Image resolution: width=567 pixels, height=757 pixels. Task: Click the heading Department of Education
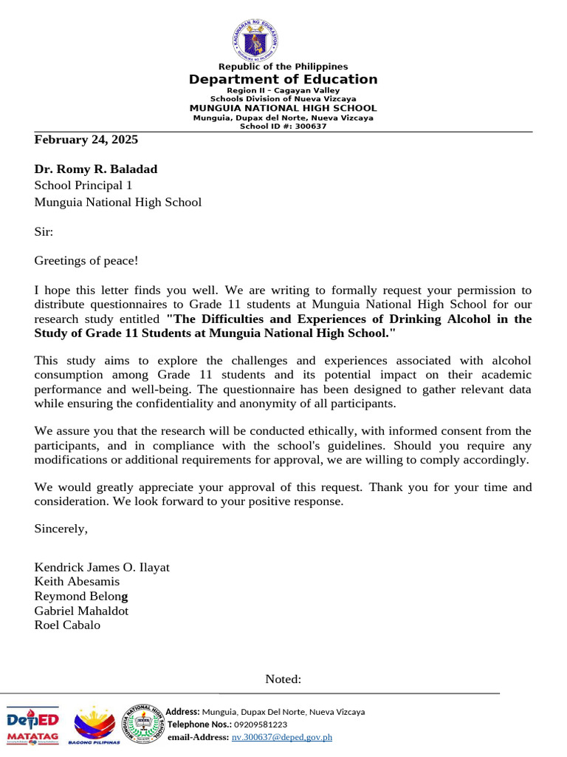pos(283,79)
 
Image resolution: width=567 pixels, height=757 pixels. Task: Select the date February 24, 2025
pos(86,139)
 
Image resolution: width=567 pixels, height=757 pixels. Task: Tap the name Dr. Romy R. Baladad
pos(96,169)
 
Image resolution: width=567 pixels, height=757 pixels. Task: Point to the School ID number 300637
pos(312,126)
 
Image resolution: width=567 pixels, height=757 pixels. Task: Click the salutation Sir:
pos(44,231)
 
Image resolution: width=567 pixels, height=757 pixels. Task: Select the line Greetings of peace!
pos(86,260)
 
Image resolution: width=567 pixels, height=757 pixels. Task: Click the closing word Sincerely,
pos(61,529)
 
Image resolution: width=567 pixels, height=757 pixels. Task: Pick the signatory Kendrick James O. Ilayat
pos(102,567)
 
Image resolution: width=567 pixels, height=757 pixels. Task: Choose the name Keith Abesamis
pos(77,582)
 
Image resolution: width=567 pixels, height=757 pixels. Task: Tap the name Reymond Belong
pos(81,596)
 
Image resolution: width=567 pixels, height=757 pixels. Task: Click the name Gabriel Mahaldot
pos(81,611)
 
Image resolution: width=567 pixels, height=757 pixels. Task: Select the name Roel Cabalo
pos(67,625)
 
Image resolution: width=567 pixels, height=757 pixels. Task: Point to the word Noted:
pos(283,679)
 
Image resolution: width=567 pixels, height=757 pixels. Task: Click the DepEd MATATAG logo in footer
pos(33,725)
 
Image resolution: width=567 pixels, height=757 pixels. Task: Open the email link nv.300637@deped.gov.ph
pos(282,737)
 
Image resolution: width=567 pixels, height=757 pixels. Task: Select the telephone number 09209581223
pos(261,724)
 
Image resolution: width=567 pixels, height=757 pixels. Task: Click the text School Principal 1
pos(83,186)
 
